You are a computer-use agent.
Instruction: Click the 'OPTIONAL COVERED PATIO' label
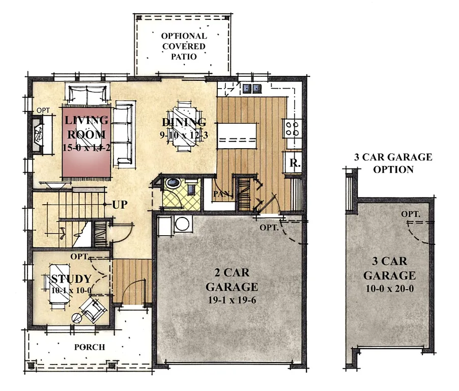pos(184,46)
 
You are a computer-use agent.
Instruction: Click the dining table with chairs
pos(183,127)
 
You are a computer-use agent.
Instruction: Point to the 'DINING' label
pos(184,122)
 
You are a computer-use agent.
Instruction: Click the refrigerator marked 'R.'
pos(294,163)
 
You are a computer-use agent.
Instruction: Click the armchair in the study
pos(94,309)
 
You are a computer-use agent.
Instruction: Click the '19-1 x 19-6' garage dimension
pos(231,299)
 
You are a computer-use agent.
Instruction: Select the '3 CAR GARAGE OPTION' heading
pos(393,163)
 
